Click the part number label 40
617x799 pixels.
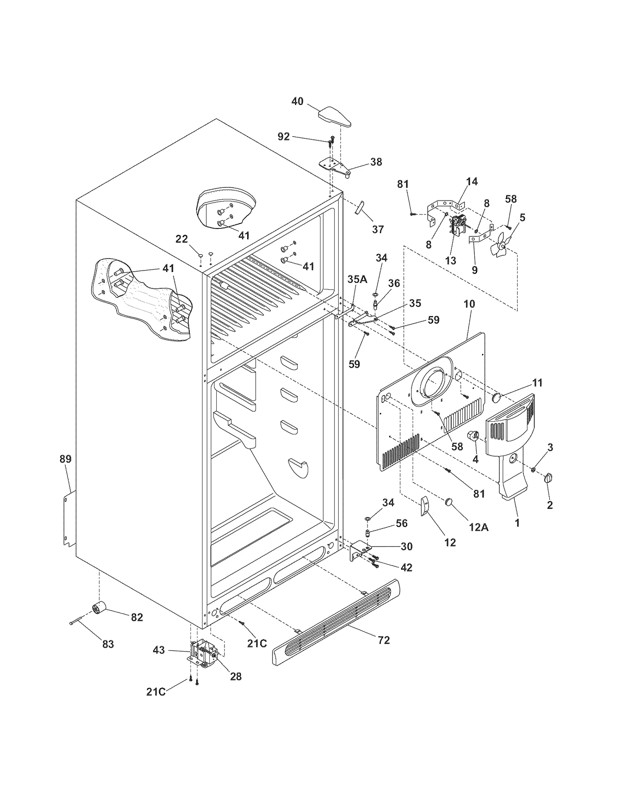pyautogui.click(x=297, y=101)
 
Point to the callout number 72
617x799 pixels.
pyautogui.click(x=384, y=640)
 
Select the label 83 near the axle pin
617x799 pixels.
pyautogui.click(x=108, y=644)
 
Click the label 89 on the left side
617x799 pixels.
pyautogui.click(x=66, y=459)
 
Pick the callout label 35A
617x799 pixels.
pyautogui.click(x=357, y=279)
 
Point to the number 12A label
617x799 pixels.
pyautogui.click(x=479, y=527)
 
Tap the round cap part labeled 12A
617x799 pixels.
pyautogui.click(x=448, y=502)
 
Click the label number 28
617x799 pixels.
pyautogui.click(x=236, y=676)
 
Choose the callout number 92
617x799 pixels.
pyautogui.click(x=283, y=137)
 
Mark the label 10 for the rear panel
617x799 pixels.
pyautogui.click(x=469, y=304)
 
